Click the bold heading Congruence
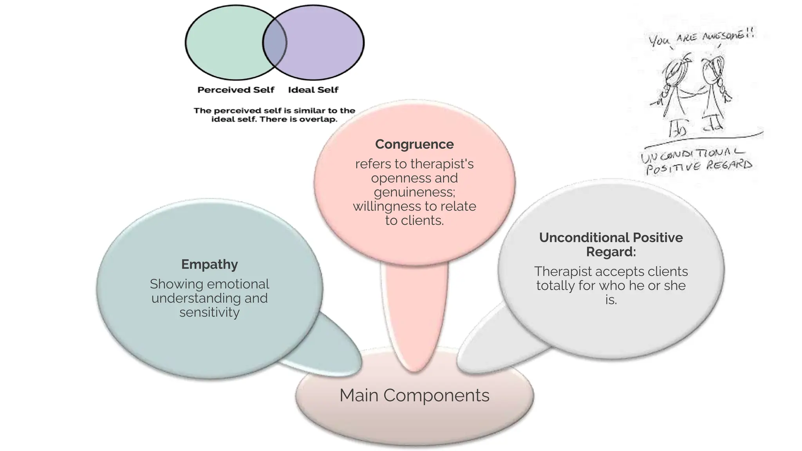tap(414, 144)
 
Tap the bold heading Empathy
tap(210, 264)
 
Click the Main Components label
tap(414, 395)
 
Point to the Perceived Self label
tap(236, 90)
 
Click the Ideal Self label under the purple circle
tap(313, 90)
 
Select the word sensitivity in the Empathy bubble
tap(210, 312)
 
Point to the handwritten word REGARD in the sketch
tap(729, 165)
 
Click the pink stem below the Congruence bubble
tap(414, 313)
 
